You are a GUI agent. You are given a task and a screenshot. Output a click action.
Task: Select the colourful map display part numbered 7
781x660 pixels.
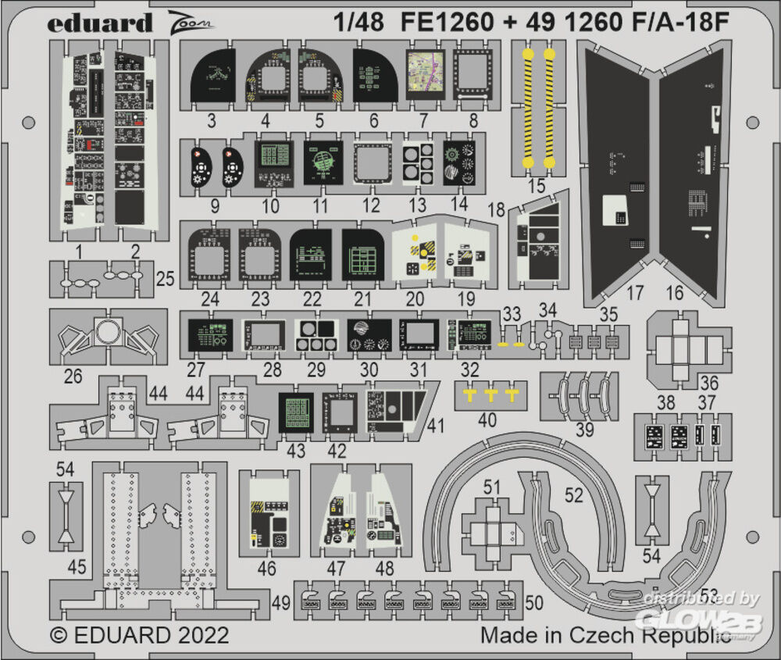pyautogui.click(x=425, y=74)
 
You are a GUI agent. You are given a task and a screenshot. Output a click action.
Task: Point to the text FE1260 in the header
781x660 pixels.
pyautogui.click(x=449, y=23)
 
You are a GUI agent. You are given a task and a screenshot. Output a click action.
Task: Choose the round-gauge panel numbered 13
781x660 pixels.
pyautogui.click(x=419, y=162)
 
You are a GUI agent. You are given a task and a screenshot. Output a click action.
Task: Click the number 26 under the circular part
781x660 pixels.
pyautogui.click(x=73, y=376)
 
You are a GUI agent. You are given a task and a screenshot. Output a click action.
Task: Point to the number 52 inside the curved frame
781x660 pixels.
pyautogui.click(x=574, y=495)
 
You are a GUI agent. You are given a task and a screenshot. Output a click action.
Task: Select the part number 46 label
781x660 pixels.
pyautogui.click(x=267, y=569)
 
